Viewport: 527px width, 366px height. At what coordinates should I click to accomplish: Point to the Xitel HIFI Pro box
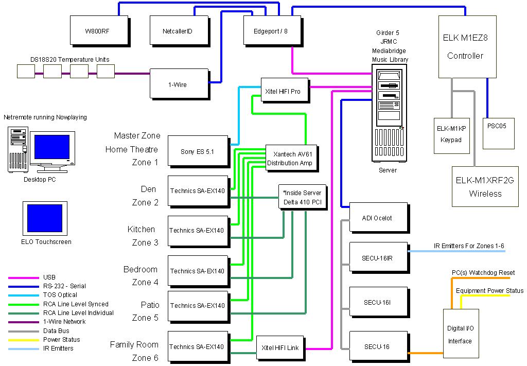[285, 91]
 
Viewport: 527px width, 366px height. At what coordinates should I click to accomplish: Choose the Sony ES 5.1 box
[198, 152]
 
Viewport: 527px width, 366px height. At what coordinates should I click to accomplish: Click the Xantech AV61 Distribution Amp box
[289, 158]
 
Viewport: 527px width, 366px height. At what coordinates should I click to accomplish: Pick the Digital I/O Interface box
[460, 334]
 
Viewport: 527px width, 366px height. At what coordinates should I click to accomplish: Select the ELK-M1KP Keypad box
[451, 135]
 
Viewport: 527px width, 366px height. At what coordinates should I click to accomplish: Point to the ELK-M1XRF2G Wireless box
[485, 186]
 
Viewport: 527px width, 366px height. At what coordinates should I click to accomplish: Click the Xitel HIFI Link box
[280, 348]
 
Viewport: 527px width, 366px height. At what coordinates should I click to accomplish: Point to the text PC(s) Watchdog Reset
[483, 272]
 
